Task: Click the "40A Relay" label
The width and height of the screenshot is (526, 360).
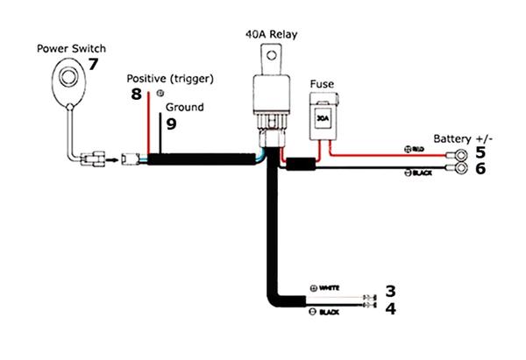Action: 272,34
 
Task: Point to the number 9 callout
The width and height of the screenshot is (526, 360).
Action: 171,124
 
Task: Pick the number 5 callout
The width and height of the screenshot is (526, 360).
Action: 480,152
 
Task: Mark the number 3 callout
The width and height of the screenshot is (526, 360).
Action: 391,291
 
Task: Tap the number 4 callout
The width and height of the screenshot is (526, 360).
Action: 391,308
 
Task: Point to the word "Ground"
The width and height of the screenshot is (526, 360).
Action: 184,107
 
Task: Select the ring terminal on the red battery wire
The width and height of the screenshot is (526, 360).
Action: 457,155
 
